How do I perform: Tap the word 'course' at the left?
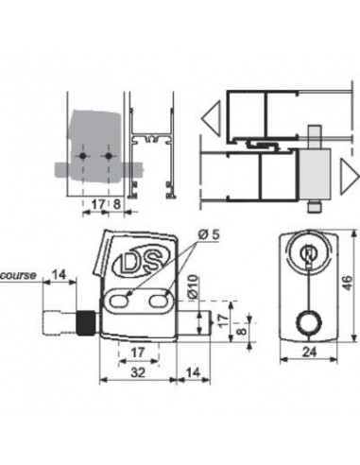coord(18,275)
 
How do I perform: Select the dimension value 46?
coord(346,284)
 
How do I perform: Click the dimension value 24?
coord(309,353)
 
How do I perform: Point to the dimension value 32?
coord(138,372)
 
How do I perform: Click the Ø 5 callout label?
coord(209,234)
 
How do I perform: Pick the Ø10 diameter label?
coord(194,287)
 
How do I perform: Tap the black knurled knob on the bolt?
coord(85,323)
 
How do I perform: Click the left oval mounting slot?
coord(119,301)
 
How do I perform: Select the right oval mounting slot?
coord(158,301)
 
